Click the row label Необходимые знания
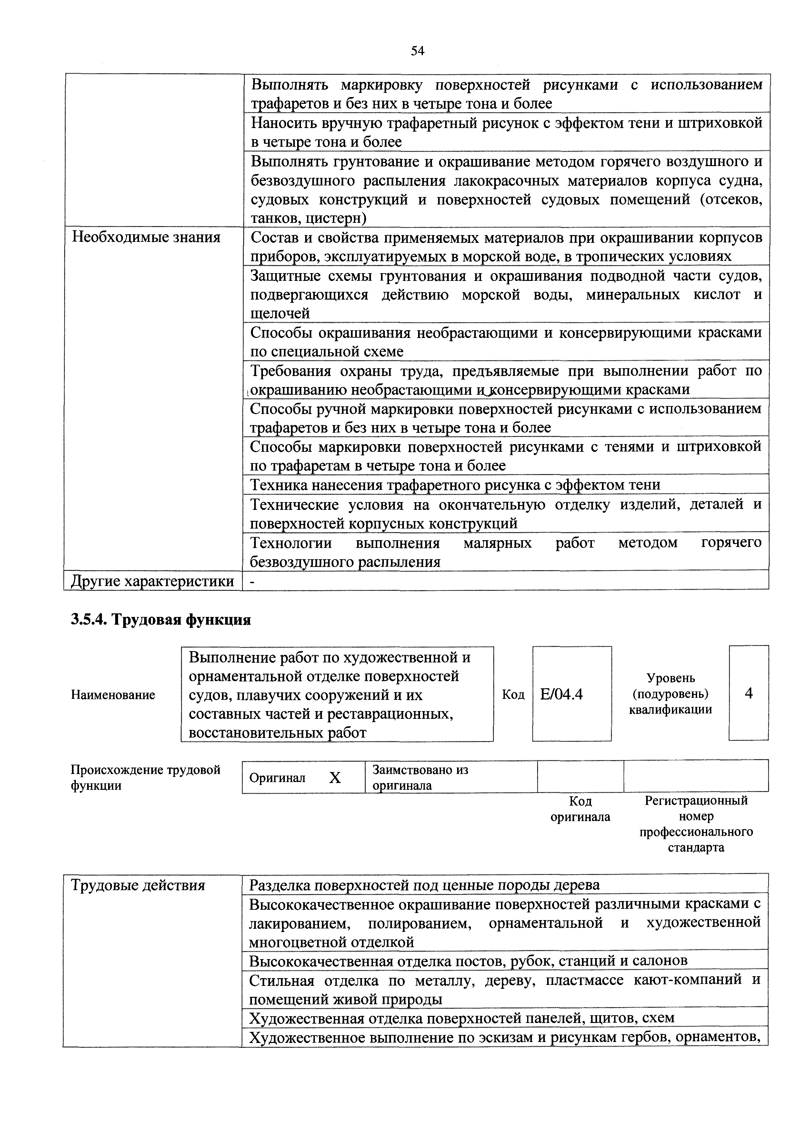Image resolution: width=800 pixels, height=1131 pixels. [146, 237]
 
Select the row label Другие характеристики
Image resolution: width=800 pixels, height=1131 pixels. [153, 581]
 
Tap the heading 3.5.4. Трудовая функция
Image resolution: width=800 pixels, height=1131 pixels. [161, 619]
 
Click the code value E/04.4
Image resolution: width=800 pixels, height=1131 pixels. [562, 694]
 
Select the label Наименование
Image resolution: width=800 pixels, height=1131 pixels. [113, 695]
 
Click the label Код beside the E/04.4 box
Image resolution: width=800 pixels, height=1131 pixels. [513, 695]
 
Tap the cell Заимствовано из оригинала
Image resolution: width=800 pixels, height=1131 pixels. [420, 777]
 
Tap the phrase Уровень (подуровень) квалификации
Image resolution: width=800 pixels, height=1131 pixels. [670, 694]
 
